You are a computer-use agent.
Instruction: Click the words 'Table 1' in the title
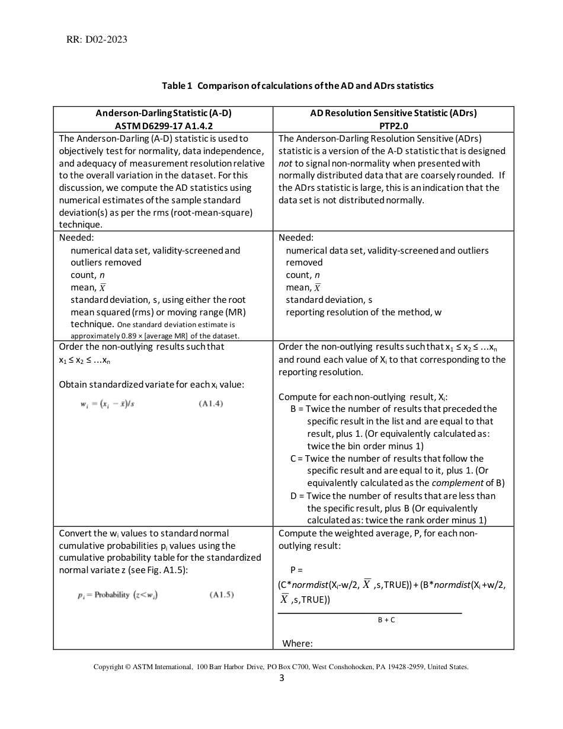coord(177,86)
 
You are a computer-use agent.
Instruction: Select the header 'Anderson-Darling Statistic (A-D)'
coord(163,113)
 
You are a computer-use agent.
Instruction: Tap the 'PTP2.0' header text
coord(394,126)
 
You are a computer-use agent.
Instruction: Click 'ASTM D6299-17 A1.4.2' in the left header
coord(163,126)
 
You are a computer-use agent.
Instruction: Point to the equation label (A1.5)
coord(222,595)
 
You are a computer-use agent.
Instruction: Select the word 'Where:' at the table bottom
coord(298,644)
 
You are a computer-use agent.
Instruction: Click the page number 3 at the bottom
coord(281,679)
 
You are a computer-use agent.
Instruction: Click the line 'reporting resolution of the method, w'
coord(363,312)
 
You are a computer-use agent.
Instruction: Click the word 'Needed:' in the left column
coord(76,238)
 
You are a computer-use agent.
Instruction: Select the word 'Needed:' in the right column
coord(296,238)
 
